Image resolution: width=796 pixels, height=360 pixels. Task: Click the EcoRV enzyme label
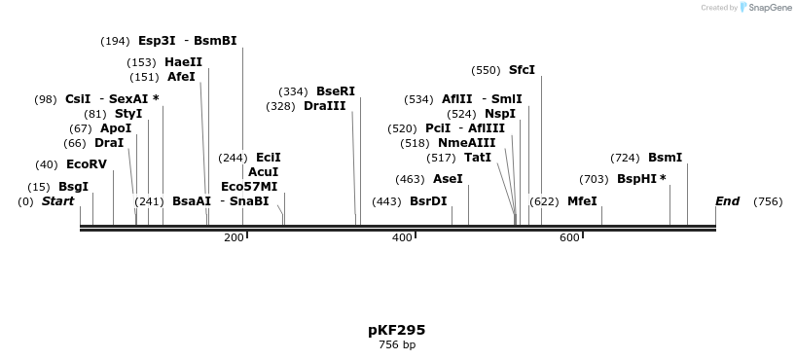click(86, 164)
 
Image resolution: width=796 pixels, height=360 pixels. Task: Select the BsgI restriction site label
click(73, 187)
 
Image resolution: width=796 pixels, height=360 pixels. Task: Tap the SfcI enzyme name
click(522, 70)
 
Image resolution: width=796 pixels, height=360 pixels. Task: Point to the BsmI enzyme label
click(665, 158)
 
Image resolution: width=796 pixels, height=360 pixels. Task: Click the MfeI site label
click(582, 201)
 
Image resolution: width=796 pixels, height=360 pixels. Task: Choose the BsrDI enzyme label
click(428, 201)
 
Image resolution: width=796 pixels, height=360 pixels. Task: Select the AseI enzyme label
click(448, 179)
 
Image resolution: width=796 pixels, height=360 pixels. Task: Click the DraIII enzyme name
click(324, 106)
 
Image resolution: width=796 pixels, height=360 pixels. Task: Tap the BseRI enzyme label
click(335, 91)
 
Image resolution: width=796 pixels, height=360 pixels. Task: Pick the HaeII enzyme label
click(183, 62)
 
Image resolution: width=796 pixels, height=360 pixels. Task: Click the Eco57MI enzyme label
click(249, 186)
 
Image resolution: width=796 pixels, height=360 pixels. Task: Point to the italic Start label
click(57, 201)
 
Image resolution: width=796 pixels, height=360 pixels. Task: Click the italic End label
click(727, 201)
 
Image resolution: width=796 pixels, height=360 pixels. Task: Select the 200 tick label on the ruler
click(234, 238)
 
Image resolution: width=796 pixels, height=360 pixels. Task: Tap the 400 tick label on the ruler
click(402, 238)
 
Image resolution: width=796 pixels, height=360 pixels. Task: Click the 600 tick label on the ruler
click(569, 238)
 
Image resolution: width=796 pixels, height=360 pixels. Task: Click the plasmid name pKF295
click(396, 330)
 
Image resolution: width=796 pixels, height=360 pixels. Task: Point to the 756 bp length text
click(396, 344)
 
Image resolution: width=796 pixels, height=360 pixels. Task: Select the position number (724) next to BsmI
click(625, 158)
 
